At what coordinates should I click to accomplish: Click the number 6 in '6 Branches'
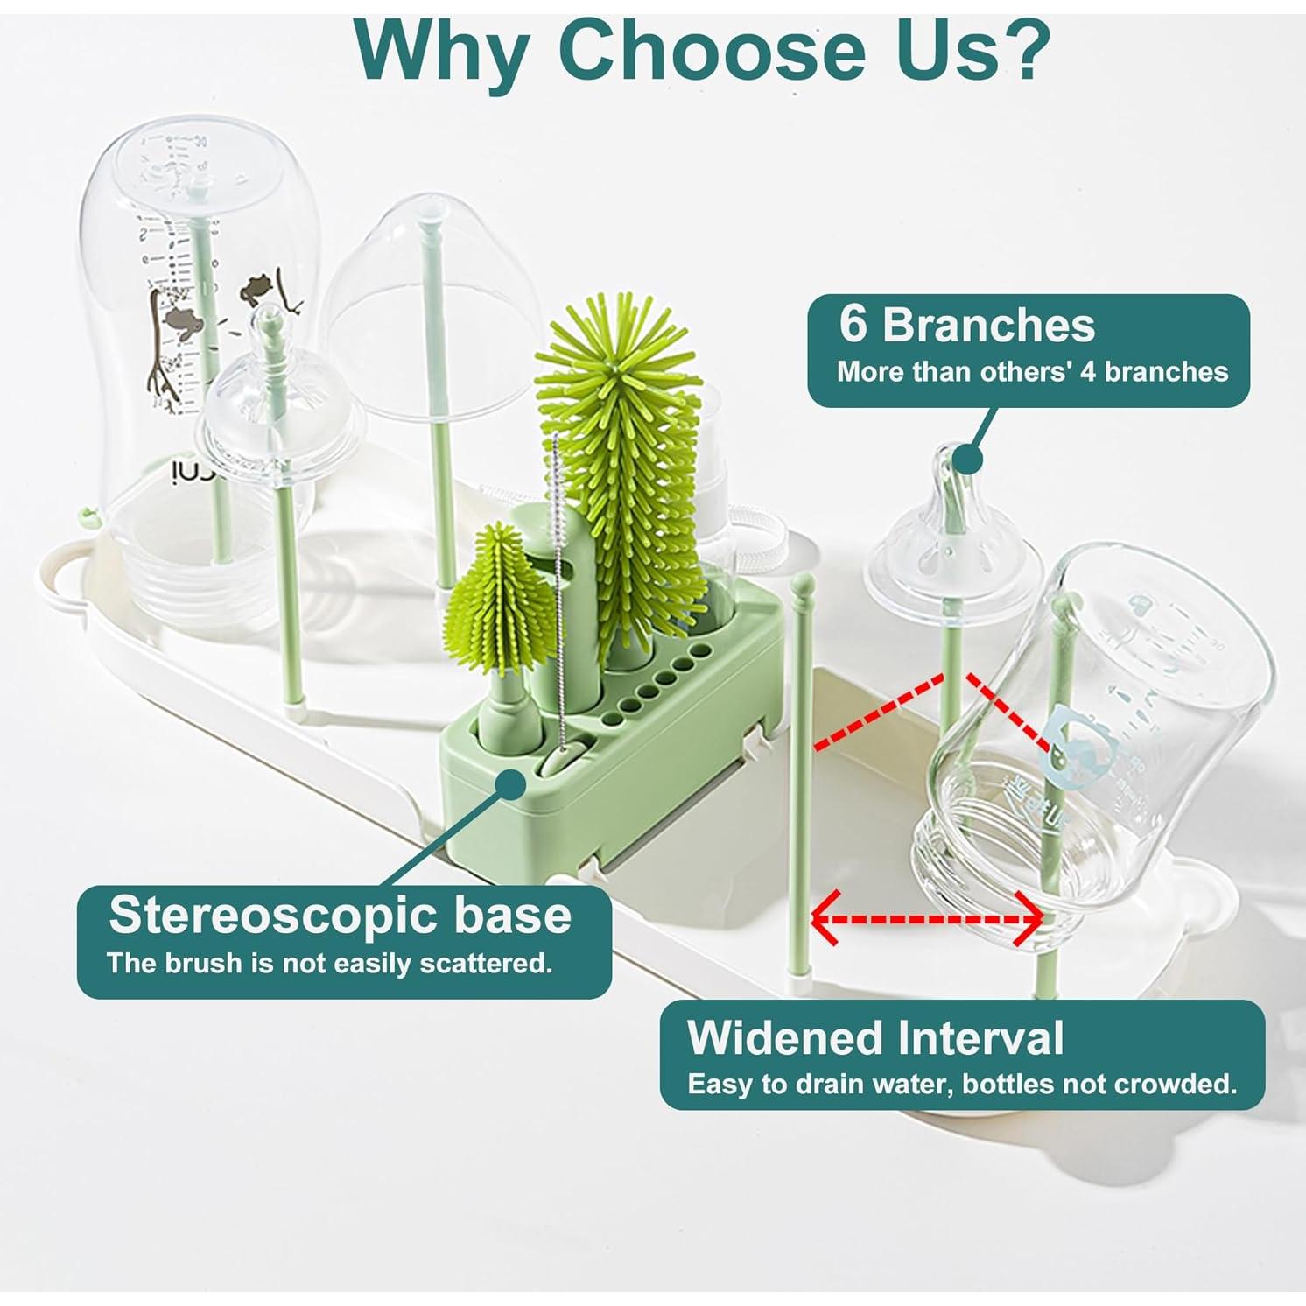[853, 325]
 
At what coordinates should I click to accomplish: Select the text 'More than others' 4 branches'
[1032, 371]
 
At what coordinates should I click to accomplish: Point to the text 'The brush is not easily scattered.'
[330, 964]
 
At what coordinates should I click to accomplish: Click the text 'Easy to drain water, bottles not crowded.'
[962, 1085]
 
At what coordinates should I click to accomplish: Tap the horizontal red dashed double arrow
[927, 919]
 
